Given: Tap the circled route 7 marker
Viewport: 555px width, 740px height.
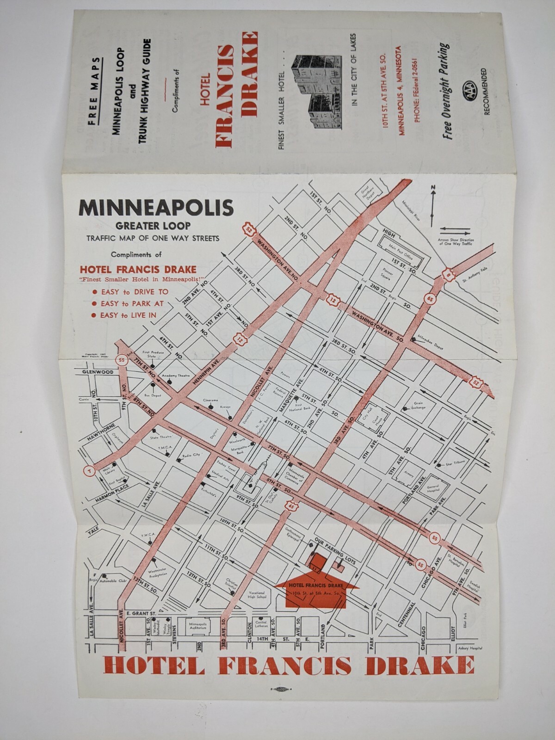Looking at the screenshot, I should click(88, 471).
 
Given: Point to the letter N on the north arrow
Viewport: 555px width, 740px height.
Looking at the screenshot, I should click(433, 187).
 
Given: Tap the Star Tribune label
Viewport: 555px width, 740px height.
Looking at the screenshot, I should click(455, 462).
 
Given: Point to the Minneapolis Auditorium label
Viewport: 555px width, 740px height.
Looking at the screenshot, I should click(200, 626).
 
